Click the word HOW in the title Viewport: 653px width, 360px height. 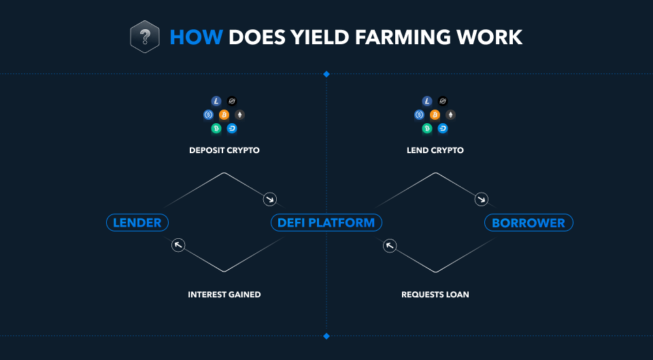click(x=196, y=37)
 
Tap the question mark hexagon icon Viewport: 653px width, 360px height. click(x=144, y=37)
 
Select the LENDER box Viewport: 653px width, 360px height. click(x=137, y=223)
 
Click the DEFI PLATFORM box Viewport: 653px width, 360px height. click(x=326, y=223)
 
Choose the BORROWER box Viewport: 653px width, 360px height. click(x=529, y=223)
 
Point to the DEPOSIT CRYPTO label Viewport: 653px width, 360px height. click(x=224, y=150)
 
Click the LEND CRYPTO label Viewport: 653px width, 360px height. click(x=435, y=150)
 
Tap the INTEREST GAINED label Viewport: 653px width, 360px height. click(x=224, y=295)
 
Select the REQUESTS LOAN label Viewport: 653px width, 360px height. click(x=435, y=295)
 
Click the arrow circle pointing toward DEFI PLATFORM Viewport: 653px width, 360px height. click(x=270, y=199)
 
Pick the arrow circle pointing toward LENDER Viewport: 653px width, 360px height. click(x=178, y=245)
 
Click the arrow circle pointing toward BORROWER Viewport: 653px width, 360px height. click(x=482, y=199)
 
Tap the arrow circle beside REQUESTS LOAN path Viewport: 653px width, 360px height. click(x=390, y=245)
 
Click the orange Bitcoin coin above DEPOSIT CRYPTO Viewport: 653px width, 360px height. click(x=224, y=114)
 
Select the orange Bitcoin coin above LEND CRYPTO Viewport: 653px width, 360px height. click(x=435, y=114)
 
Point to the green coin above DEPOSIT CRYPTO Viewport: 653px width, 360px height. click(x=216, y=128)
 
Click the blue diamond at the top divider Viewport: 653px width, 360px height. click(x=326, y=73)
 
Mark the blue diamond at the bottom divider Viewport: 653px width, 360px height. click(x=326, y=336)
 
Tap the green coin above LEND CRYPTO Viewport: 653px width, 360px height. click(x=427, y=128)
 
